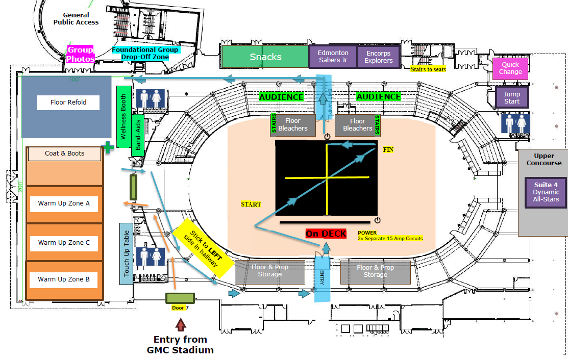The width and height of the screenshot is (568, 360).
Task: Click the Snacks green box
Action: click(x=265, y=57)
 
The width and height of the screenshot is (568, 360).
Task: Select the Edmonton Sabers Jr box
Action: click(x=333, y=57)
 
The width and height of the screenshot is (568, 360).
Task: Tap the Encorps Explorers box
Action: click(x=378, y=57)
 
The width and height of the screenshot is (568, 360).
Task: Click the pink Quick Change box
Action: click(x=510, y=68)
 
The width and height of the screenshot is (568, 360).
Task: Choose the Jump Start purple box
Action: click(x=511, y=97)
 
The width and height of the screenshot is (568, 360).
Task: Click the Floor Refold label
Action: click(x=68, y=102)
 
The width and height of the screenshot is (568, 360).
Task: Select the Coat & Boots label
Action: click(x=65, y=153)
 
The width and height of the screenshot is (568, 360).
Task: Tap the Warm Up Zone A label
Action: click(x=64, y=203)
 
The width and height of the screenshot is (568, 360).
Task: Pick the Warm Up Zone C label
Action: click(x=64, y=243)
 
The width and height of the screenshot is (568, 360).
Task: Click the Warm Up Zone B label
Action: click(x=64, y=279)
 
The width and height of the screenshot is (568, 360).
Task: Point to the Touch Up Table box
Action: click(x=127, y=253)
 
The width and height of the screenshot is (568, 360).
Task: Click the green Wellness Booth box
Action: click(x=123, y=117)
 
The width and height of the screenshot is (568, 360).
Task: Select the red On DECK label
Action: click(x=326, y=234)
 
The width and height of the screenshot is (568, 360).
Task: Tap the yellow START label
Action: click(x=251, y=204)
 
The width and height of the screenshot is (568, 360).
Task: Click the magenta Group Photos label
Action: click(x=81, y=55)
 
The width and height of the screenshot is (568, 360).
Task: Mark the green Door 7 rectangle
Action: click(x=180, y=298)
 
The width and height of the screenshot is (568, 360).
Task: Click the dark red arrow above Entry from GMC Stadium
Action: click(x=180, y=324)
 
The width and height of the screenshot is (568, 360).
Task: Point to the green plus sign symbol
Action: click(x=108, y=147)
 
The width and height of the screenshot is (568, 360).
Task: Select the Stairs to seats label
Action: click(x=429, y=68)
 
